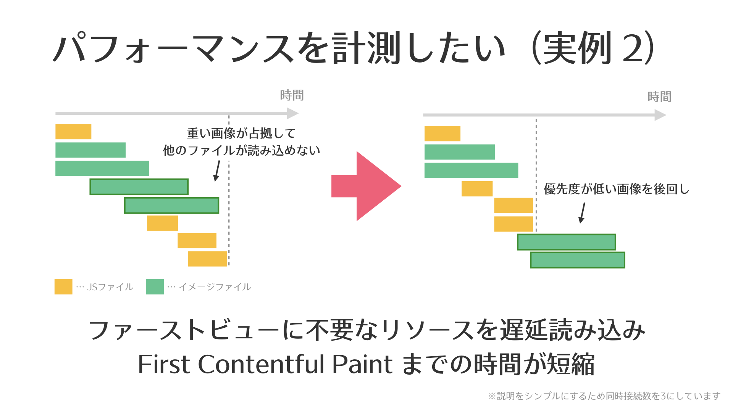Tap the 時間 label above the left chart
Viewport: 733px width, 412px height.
pyautogui.click(x=292, y=95)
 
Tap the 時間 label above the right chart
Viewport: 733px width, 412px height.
pyautogui.click(x=660, y=97)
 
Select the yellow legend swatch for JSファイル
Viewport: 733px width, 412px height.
pyautogui.click(x=63, y=286)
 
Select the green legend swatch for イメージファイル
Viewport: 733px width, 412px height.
pyautogui.click(x=155, y=286)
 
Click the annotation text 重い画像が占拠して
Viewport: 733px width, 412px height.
pyautogui.click(x=241, y=133)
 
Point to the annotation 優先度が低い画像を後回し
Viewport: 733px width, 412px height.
pyautogui.click(x=617, y=189)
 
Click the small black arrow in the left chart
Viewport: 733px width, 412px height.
pyautogui.click(x=217, y=171)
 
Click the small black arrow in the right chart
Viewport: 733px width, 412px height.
pyautogui.click(x=582, y=213)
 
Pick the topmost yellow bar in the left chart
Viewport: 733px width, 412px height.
pyautogui.click(x=73, y=132)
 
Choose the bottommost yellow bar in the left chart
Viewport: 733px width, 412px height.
pyautogui.click(x=207, y=259)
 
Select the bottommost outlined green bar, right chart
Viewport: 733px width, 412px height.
pyautogui.click(x=578, y=260)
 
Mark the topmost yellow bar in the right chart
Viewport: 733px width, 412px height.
pyautogui.click(x=442, y=134)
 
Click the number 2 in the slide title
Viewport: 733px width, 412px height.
pyautogui.click(x=633, y=48)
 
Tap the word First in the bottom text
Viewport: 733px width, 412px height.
pyautogui.click(x=164, y=364)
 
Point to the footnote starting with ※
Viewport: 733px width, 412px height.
pyautogui.click(x=604, y=396)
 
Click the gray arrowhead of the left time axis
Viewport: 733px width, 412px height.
pyautogui.click(x=292, y=113)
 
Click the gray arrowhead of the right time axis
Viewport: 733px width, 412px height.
pyautogui.click(x=660, y=115)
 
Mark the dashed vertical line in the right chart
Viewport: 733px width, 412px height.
pyautogui.click(x=536, y=175)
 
